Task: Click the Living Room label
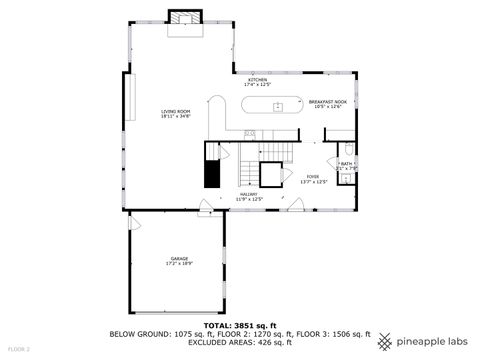(176, 111)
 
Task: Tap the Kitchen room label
(257, 79)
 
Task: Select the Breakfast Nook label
(326, 101)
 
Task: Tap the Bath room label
(345, 163)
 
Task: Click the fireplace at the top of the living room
(183, 19)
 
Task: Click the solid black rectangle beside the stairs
(212, 173)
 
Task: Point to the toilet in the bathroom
(345, 179)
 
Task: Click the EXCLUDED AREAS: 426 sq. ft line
(239, 342)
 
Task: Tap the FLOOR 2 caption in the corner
(19, 349)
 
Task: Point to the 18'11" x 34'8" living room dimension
(176, 117)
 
